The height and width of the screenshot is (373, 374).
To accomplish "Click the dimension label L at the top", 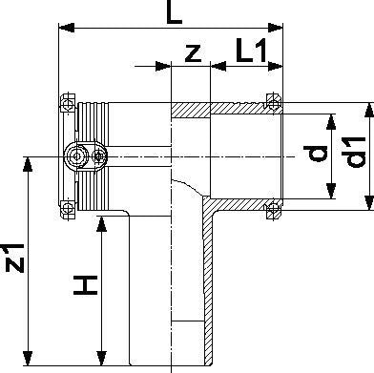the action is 175,12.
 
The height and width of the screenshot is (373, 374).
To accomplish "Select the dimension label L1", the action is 251,50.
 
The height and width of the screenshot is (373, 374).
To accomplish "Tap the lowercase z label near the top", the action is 194,53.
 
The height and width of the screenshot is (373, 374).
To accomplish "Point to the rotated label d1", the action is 353,153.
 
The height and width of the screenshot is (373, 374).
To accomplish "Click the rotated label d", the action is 315,154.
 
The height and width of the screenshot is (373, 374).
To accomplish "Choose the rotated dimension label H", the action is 85,285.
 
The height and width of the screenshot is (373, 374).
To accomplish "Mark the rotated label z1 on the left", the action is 14,259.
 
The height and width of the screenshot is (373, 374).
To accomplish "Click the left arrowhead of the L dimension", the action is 67,28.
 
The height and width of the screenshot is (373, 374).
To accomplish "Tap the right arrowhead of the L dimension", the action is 276,28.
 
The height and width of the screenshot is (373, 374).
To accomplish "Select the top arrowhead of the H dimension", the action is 101,224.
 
